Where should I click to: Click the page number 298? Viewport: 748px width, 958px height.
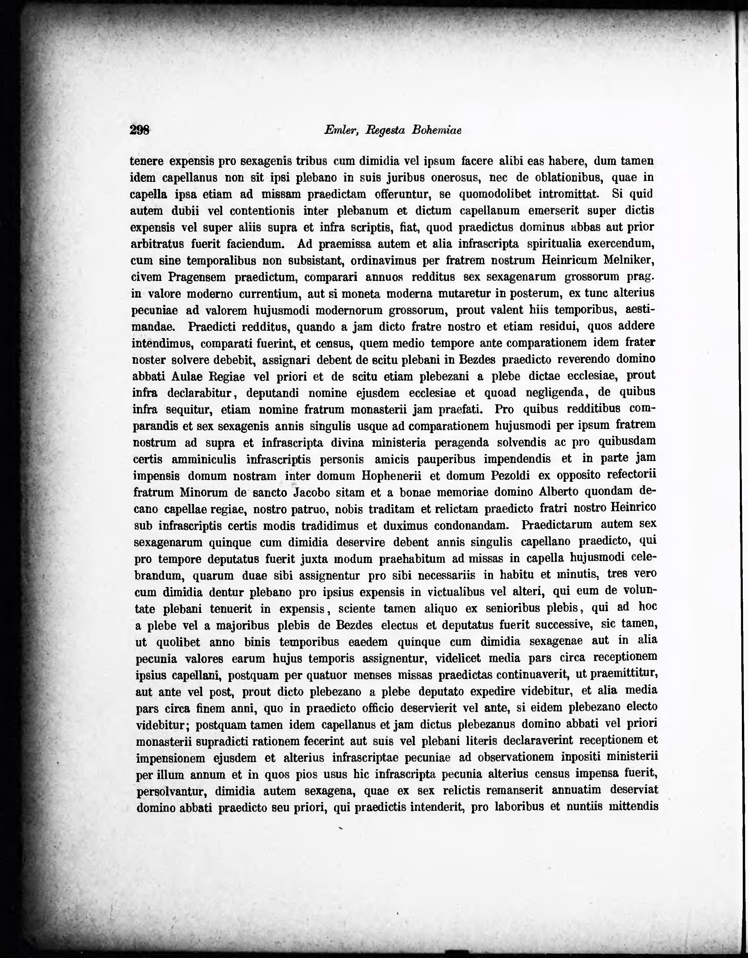tap(140, 130)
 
